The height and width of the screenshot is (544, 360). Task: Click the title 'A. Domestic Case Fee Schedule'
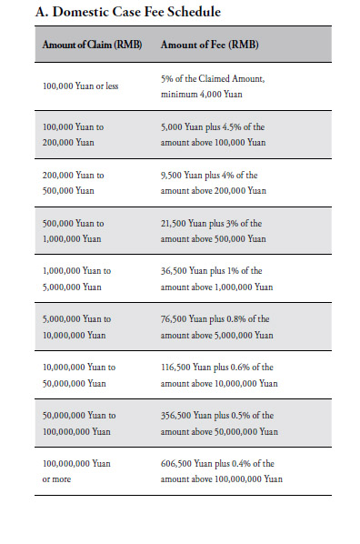click(128, 12)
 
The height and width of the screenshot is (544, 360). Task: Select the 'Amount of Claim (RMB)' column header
click(93, 44)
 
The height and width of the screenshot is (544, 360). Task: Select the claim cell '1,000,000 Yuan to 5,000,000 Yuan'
click(79, 279)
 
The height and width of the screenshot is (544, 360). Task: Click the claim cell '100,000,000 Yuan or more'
click(76, 471)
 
